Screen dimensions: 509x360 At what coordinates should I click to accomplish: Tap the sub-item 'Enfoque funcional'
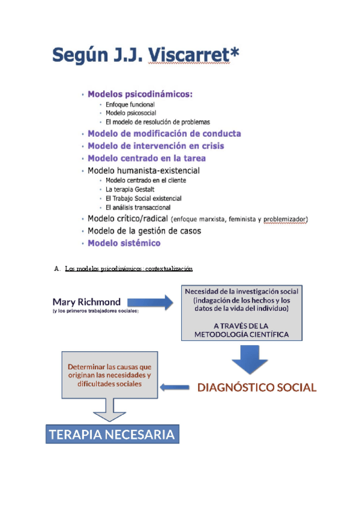(x=130, y=104)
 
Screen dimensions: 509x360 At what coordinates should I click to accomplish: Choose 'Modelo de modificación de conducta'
(x=164, y=133)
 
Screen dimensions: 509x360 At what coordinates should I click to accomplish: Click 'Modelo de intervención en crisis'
(x=157, y=146)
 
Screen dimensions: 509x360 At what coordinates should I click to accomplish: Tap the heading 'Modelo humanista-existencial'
(x=143, y=171)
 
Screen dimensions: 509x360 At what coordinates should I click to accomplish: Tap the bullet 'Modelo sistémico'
(x=124, y=243)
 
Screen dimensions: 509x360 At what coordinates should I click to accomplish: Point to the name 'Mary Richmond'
(x=86, y=301)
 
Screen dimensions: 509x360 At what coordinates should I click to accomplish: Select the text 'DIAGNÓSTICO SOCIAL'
(x=257, y=387)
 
